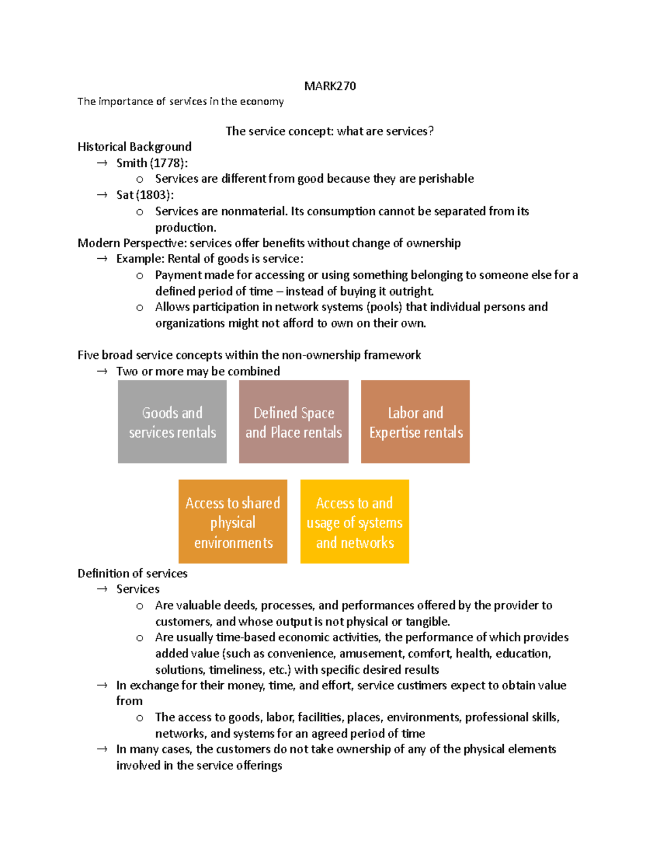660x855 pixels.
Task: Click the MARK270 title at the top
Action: point(330,86)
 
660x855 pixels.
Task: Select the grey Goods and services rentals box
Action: point(172,422)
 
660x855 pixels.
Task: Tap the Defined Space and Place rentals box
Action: point(294,422)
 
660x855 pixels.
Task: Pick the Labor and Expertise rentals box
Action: point(415,422)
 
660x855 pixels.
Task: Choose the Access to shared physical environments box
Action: point(233,522)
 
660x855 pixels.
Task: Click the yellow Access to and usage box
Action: point(355,522)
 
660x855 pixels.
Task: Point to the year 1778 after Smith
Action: point(167,163)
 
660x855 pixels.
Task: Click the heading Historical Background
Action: point(134,146)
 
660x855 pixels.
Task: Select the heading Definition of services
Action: point(132,573)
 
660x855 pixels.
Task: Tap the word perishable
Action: point(446,178)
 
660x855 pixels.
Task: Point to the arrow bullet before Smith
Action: point(102,163)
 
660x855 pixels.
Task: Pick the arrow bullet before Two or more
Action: point(102,371)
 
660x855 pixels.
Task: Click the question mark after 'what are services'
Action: point(431,131)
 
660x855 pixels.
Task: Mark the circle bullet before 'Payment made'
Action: point(140,275)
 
